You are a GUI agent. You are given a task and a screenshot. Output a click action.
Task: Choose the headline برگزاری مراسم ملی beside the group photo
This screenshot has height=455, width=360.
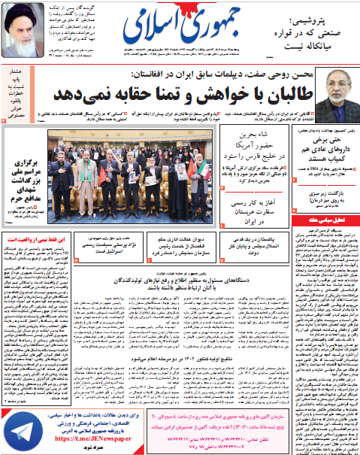point(25,172)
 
